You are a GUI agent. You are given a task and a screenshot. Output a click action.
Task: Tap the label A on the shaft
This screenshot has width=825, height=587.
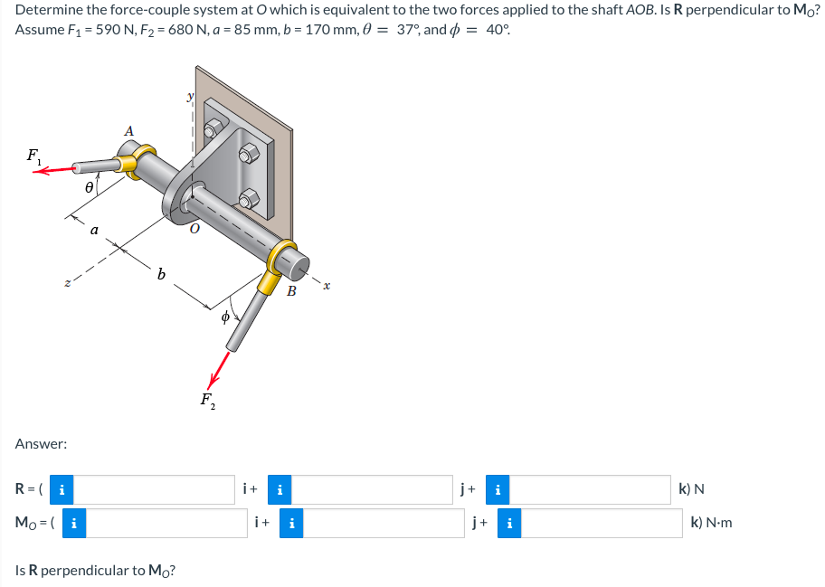click(128, 132)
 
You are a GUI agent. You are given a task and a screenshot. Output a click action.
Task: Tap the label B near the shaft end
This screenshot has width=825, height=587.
click(291, 290)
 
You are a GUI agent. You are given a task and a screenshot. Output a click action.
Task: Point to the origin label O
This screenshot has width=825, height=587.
click(192, 232)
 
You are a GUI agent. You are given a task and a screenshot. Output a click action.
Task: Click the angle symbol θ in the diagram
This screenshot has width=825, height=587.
click(88, 188)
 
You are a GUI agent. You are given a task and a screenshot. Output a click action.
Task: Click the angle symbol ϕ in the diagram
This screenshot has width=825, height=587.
click(227, 317)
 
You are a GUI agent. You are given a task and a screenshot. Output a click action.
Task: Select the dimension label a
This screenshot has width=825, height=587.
click(94, 231)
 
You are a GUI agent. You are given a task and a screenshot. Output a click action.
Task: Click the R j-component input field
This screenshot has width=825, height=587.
click(375, 490)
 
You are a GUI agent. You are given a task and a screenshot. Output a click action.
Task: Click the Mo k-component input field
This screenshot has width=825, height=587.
click(602, 523)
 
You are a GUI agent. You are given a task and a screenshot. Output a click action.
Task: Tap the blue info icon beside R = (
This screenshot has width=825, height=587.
click(61, 490)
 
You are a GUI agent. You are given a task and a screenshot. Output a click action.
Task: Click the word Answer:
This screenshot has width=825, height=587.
click(41, 444)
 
